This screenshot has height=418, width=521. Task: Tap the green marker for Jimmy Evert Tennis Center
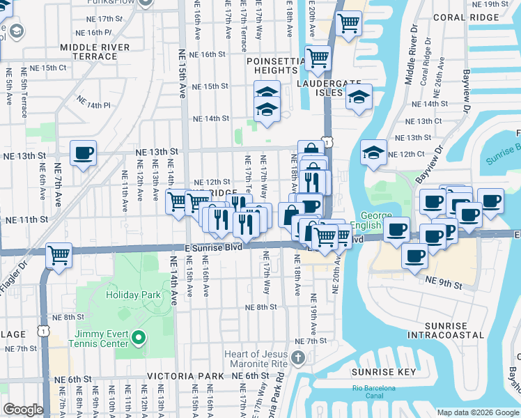[139, 339]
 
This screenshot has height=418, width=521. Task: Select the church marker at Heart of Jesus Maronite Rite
[298, 358]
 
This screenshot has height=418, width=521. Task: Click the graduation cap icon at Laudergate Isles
[359, 97]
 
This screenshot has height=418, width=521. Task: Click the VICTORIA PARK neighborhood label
[185, 376]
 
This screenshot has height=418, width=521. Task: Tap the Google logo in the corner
[23, 410]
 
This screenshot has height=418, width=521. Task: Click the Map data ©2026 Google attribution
[478, 412]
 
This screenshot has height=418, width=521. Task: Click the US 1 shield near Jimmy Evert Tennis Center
[43, 332]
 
